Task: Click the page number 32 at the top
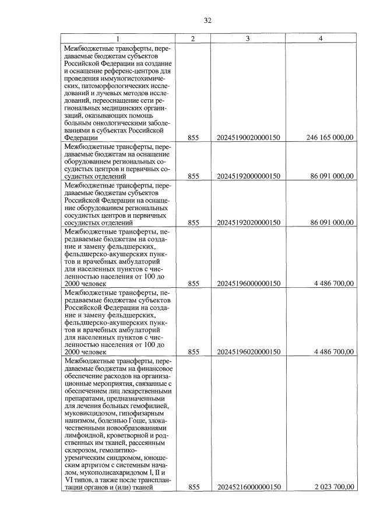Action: (207, 20)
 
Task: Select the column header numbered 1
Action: (119, 39)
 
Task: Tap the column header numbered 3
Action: (248, 39)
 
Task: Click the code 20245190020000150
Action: (248, 138)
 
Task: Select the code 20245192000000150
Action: (248, 176)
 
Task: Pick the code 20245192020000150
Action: (248, 222)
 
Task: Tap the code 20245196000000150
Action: (248, 284)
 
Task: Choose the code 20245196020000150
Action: (248, 352)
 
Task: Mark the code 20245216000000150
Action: (248, 487)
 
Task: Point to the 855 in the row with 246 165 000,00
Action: (193, 138)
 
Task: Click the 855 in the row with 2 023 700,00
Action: (193, 487)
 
